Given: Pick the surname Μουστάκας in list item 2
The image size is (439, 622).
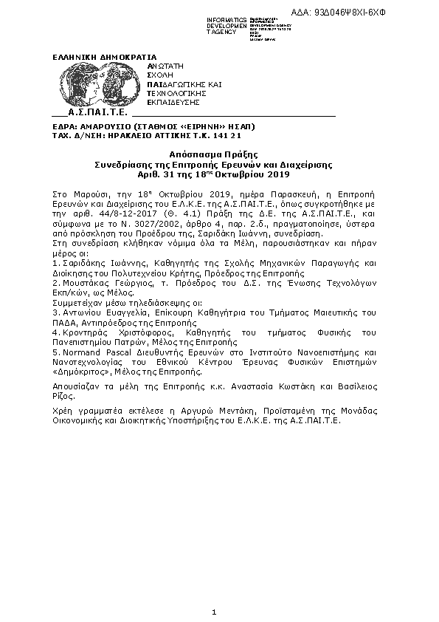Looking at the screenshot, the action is click(x=85, y=283).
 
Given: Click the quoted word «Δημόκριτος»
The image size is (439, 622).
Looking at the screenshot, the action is click(x=77, y=374).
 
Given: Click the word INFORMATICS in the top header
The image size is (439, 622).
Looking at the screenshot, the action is click(x=227, y=18).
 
